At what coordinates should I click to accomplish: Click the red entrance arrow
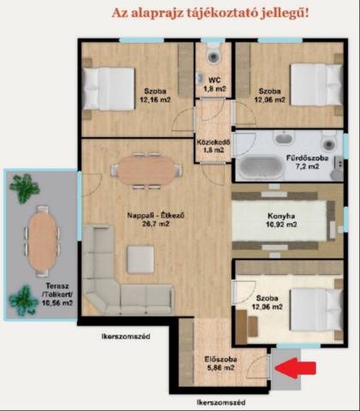click(295, 368)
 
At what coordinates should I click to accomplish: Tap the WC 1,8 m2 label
click(214, 84)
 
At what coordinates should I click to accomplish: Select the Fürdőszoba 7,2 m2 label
click(307, 162)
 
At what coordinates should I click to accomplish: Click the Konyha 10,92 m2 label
click(281, 220)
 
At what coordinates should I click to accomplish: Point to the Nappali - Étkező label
click(156, 215)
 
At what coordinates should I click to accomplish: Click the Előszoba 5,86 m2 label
click(220, 364)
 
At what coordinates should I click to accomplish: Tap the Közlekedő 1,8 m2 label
click(213, 146)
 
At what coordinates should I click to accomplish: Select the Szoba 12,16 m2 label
click(155, 95)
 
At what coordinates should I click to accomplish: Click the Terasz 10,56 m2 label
click(57, 295)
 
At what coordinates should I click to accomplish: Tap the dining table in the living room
click(147, 170)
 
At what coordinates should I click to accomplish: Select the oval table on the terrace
click(42, 241)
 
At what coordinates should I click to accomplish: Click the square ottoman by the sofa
click(141, 259)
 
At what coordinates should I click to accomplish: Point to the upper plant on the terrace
click(25, 188)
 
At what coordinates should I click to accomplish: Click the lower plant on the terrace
click(23, 300)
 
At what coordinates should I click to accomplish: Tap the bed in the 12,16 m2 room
click(109, 88)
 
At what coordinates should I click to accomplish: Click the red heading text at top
click(210, 13)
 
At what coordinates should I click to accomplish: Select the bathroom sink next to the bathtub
click(284, 138)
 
